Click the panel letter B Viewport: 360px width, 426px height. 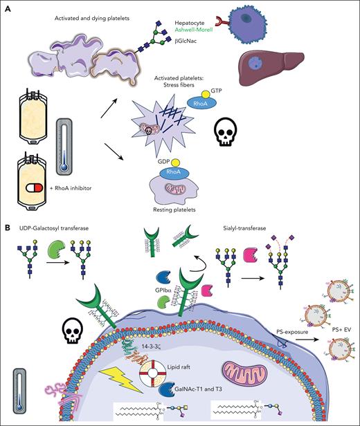pyautogui.click(x=6, y=226)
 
